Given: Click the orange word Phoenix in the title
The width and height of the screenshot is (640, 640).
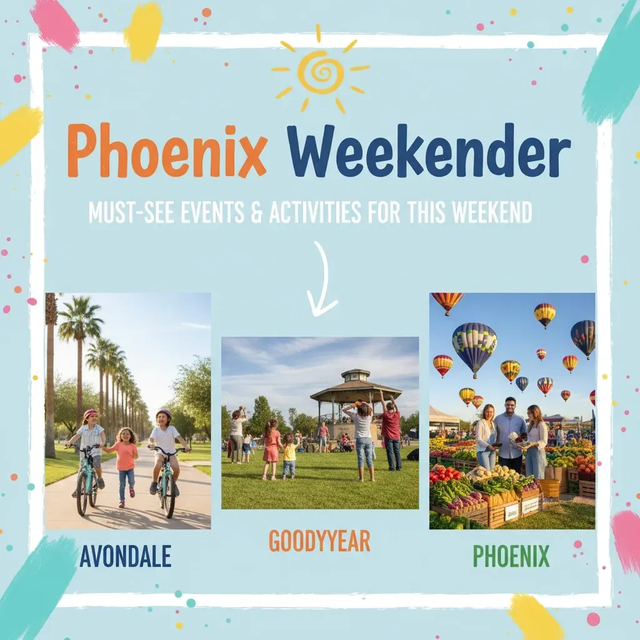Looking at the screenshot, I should click(167, 151).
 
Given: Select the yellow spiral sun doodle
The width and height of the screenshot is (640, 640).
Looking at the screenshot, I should click(321, 72).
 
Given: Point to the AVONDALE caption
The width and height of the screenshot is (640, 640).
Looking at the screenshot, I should click(125, 556).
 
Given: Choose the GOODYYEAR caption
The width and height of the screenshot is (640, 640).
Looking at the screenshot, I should click(319, 541).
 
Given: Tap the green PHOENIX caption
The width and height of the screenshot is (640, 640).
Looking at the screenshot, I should click(511, 556).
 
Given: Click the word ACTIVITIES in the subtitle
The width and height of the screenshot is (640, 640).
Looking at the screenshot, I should click(315, 212).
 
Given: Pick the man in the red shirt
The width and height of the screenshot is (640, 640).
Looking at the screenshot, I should click(391, 434).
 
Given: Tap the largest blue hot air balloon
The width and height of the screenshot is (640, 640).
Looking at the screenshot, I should click(474, 346).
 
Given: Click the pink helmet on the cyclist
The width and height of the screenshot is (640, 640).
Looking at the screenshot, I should click(91, 414).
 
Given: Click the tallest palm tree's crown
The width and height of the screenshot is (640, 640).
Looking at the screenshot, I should click(80, 319).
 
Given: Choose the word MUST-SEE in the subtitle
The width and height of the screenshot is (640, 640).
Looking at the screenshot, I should click(129, 212).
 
